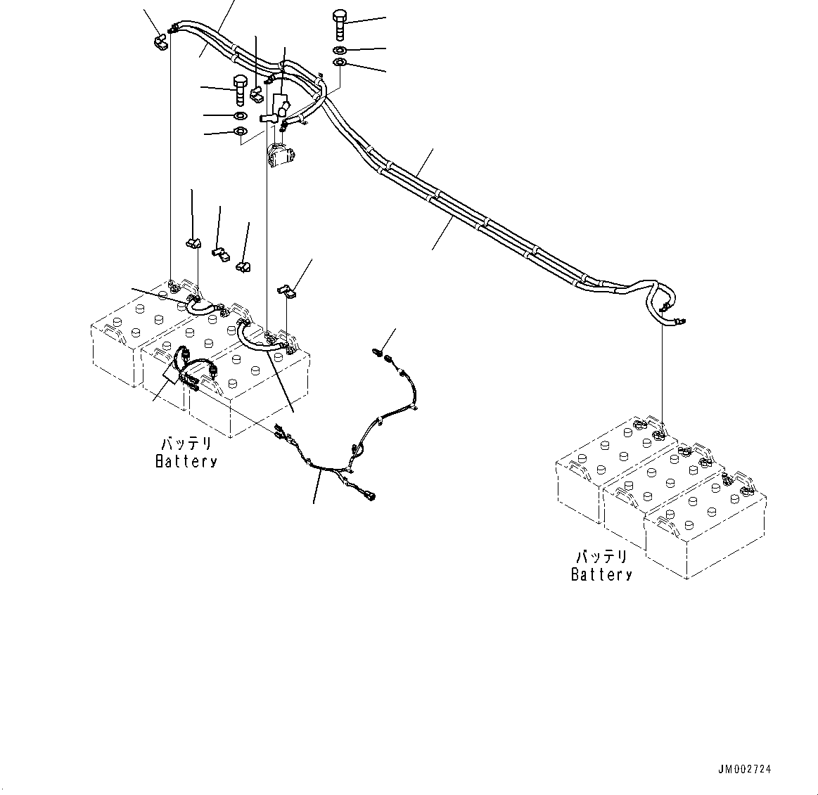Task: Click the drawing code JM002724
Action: pyautogui.click(x=744, y=769)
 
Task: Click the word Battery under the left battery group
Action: pyautogui.click(x=186, y=461)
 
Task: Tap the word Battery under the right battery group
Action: pyautogui.click(x=601, y=574)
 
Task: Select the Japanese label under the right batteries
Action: pyautogui.click(x=601, y=557)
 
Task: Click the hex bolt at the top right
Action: pyautogui.click(x=339, y=25)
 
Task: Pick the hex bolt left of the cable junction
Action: pyautogui.click(x=239, y=91)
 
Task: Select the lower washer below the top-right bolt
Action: pyautogui.click(x=339, y=63)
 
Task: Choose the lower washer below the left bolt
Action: pyautogui.click(x=240, y=131)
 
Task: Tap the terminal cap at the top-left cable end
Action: pyautogui.click(x=160, y=42)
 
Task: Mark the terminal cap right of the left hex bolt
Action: pyautogui.click(x=257, y=93)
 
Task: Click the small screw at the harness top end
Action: pyautogui.click(x=377, y=353)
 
